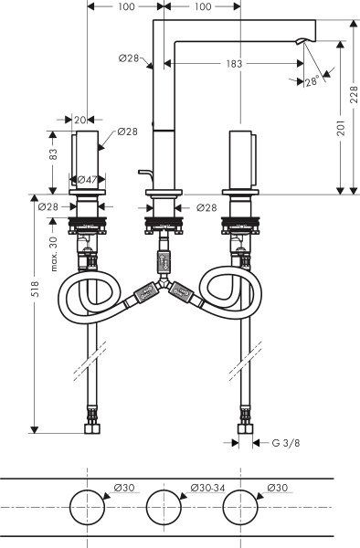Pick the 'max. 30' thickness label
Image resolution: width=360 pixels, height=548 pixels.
click(54, 252)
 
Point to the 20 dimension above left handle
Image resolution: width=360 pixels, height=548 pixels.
click(81, 120)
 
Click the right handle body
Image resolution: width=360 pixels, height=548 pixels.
click(240, 161)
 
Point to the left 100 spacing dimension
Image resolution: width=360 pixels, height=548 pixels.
click(125, 6)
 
